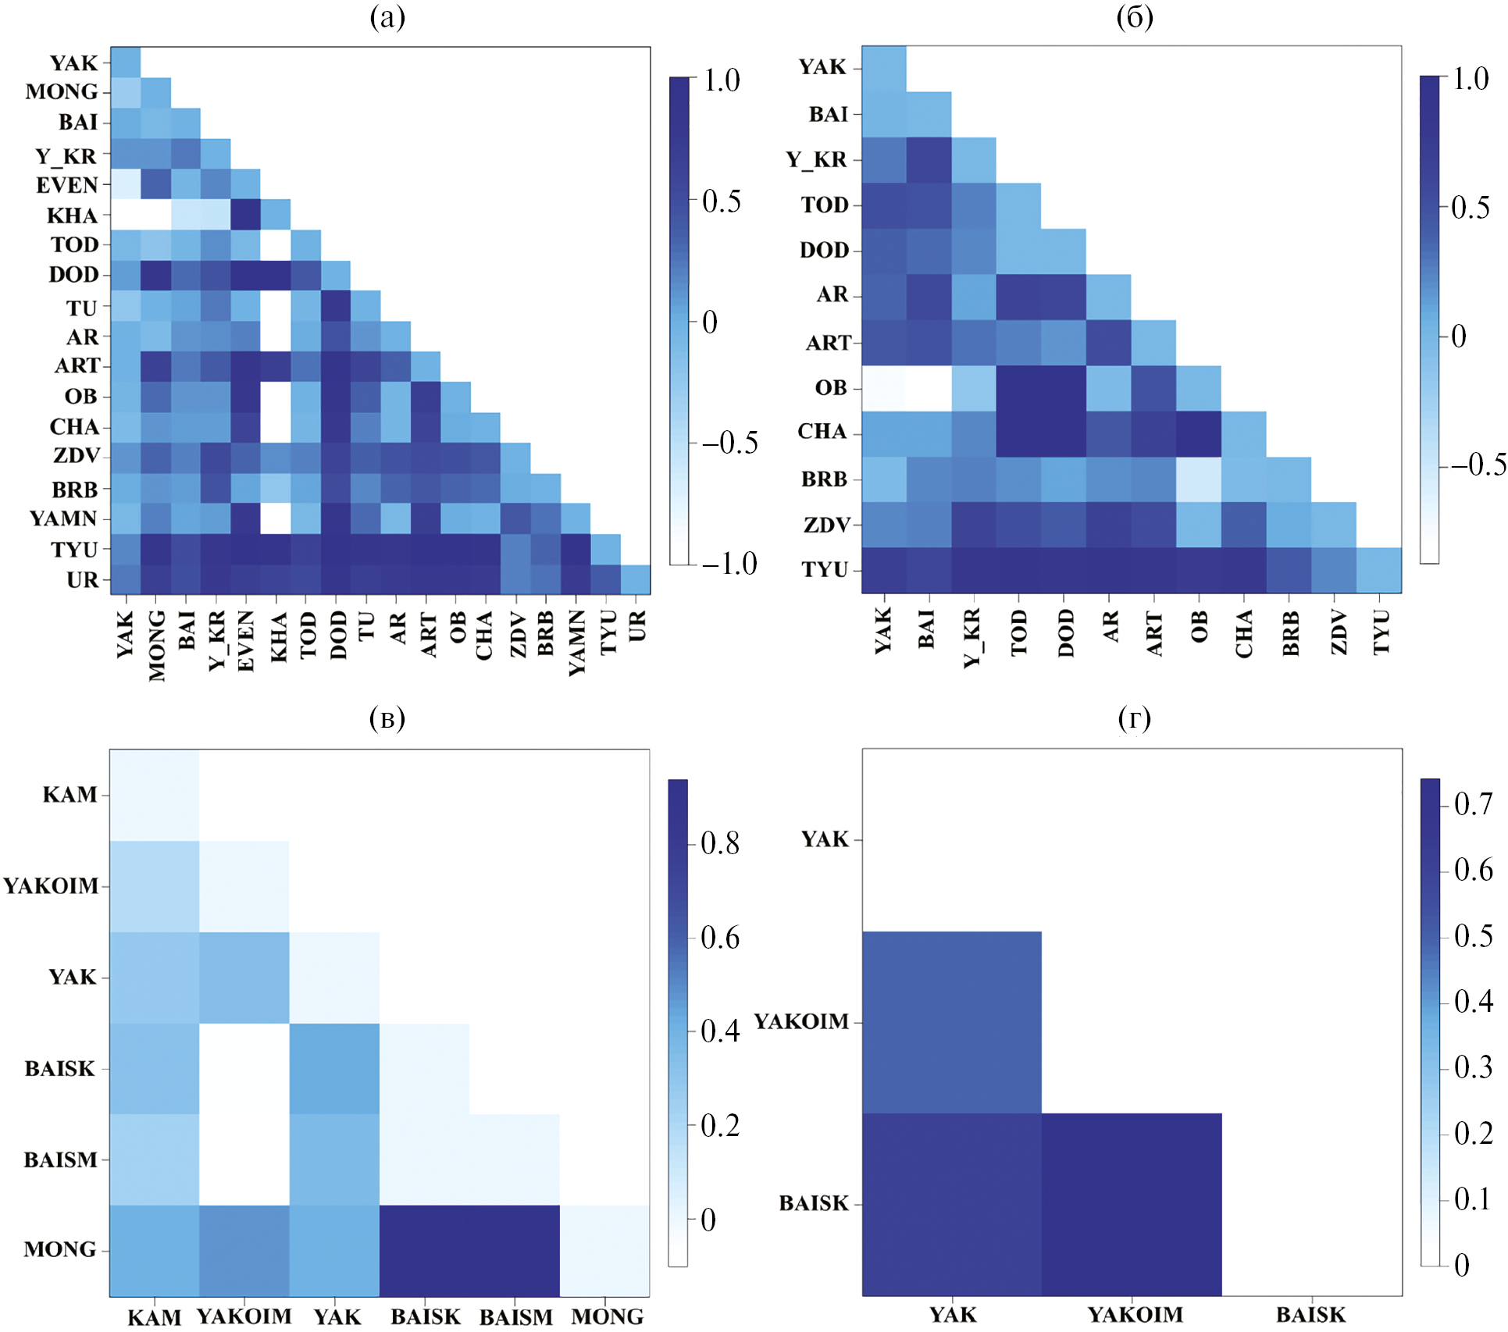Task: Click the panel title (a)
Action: point(387,17)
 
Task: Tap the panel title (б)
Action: point(1135,17)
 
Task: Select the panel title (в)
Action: point(387,718)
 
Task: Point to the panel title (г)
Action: point(1135,718)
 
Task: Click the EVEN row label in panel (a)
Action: point(67,186)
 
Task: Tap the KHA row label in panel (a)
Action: point(73,215)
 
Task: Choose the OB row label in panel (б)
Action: point(831,388)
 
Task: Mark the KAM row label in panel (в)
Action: point(70,795)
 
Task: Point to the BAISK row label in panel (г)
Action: point(814,1203)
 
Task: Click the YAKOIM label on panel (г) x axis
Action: point(1135,1315)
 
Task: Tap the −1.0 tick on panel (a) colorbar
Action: point(729,564)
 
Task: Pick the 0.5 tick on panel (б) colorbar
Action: point(1470,208)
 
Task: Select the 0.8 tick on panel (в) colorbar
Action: point(720,843)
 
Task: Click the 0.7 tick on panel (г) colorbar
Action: point(1474,803)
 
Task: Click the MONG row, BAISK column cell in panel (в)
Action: point(425,1251)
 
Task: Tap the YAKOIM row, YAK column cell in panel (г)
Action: point(952,1022)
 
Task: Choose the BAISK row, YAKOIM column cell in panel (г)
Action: point(1132,1205)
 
